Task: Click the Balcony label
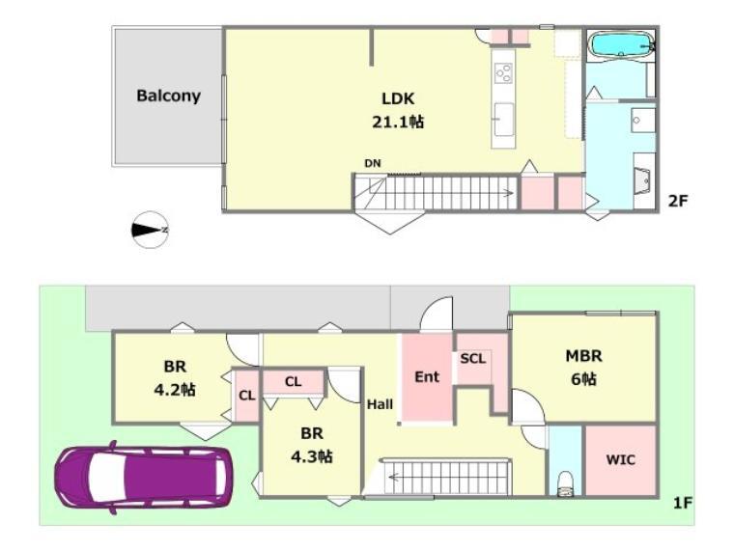click(x=168, y=96)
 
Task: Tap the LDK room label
click(x=398, y=98)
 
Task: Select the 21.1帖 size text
click(x=398, y=123)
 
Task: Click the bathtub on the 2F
click(x=621, y=45)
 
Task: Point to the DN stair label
click(x=373, y=163)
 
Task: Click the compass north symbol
click(x=150, y=230)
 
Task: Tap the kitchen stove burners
click(x=504, y=73)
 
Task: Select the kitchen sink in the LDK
click(x=504, y=120)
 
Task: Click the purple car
click(x=144, y=477)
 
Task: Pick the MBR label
click(x=583, y=356)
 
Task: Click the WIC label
click(x=621, y=459)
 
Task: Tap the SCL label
click(x=473, y=359)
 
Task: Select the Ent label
click(x=427, y=377)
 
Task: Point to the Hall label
click(x=380, y=404)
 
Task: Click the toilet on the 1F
click(x=566, y=483)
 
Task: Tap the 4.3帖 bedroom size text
click(x=312, y=456)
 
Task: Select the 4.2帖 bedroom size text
click(x=175, y=390)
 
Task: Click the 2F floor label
click(x=677, y=201)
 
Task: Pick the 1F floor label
click(x=682, y=503)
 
